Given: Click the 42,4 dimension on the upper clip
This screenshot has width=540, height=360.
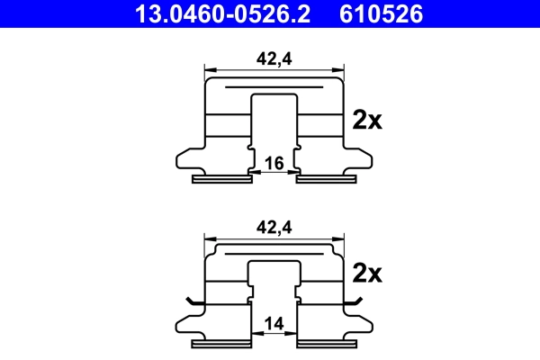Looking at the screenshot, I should pos(274,58).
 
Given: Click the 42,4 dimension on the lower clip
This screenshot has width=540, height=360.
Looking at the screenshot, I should pos(274,229).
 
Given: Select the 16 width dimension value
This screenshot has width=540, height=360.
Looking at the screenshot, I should pos(274,162).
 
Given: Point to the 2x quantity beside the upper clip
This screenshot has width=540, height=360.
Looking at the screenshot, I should pos(367,120).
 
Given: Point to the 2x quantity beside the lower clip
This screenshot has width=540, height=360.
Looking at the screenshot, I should pos(367,272).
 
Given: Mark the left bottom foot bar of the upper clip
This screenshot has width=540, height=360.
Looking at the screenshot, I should pos(222,179).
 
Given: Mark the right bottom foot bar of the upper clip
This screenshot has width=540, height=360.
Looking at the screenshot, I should pos(325,179).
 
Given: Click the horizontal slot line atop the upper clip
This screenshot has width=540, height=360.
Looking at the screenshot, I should pos(274,87).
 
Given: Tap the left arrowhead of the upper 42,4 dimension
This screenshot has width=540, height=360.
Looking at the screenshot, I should pos(210,69).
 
